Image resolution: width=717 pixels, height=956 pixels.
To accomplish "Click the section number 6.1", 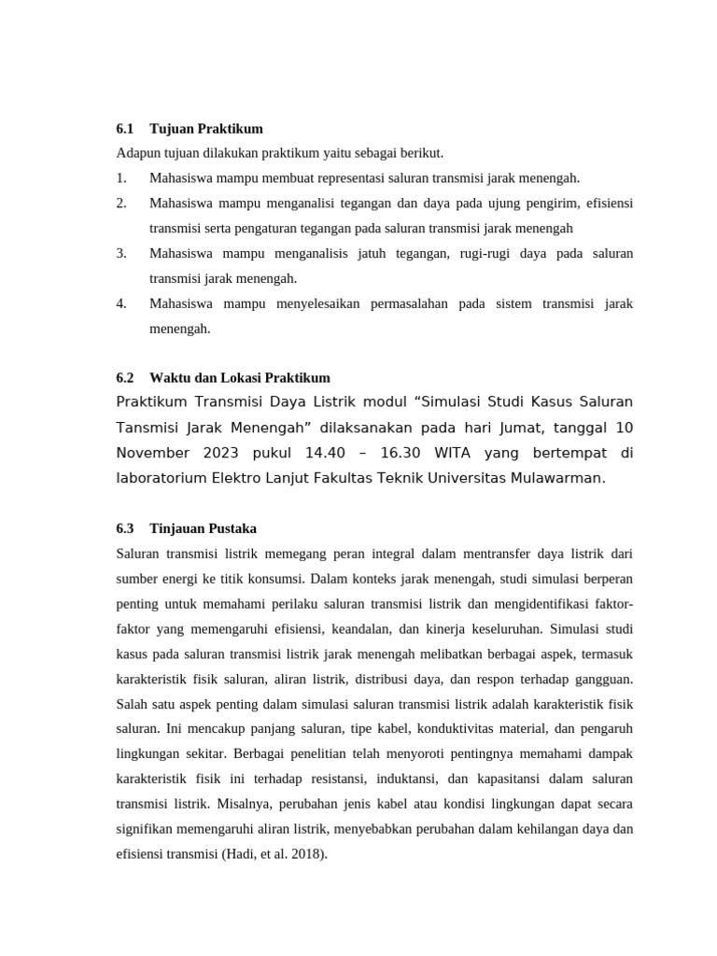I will pyautogui.click(x=125, y=128).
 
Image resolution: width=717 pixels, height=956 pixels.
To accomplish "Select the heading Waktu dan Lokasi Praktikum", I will pyautogui.click(x=239, y=377).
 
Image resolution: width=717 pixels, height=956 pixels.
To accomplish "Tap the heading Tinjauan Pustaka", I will pyautogui.click(x=203, y=528).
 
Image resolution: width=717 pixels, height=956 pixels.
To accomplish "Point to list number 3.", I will pyautogui.click(x=121, y=253).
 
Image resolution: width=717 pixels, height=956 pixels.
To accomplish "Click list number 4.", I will pyautogui.click(x=121, y=303).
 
